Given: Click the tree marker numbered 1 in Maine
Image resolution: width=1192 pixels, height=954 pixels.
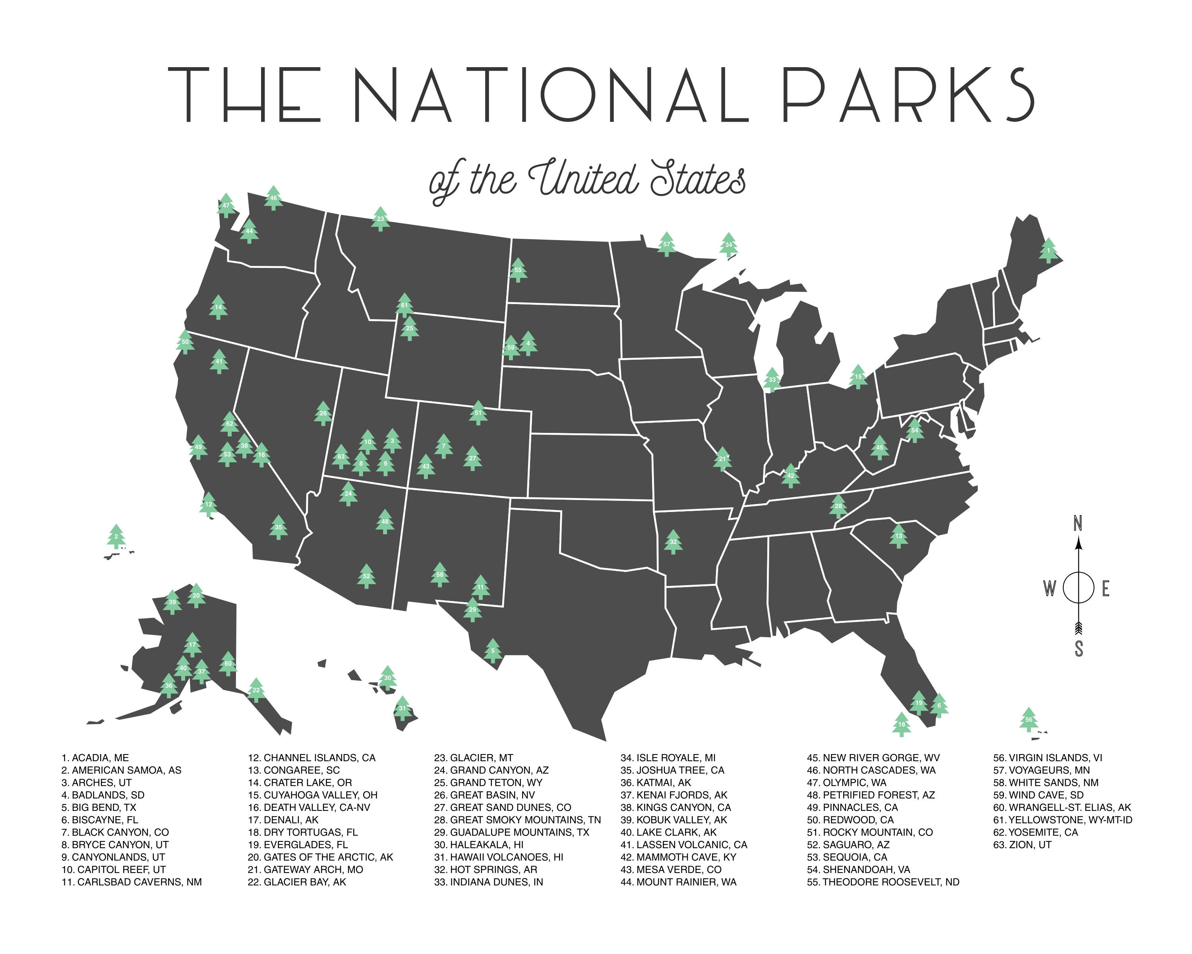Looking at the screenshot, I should tap(1048, 250).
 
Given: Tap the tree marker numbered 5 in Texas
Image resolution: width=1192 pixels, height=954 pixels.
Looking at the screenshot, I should tap(493, 651).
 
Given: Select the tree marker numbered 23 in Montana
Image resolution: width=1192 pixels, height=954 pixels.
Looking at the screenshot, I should tap(380, 219).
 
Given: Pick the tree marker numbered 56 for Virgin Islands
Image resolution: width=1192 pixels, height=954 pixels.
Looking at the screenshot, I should tap(1028, 719).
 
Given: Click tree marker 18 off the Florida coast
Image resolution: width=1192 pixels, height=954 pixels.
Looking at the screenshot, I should tap(902, 724).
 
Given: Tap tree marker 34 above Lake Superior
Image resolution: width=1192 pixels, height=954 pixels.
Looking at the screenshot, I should tap(729, 244).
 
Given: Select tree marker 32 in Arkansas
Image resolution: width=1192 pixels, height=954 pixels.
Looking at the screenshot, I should tap(673, 542).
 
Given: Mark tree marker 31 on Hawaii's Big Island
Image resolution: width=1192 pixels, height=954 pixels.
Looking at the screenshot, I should tap(402, 708).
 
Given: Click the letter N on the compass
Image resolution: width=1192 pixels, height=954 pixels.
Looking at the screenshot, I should tap(1078, 523).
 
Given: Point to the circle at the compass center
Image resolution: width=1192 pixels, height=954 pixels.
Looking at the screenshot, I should tap(1078, 588).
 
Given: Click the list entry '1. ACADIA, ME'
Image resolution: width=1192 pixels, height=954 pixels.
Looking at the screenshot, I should tap(95, 758).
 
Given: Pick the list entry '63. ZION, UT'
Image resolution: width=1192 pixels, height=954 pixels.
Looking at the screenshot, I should tap(1022, 845).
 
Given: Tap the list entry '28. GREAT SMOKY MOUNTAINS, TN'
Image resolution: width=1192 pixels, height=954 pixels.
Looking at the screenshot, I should tap(517, 820).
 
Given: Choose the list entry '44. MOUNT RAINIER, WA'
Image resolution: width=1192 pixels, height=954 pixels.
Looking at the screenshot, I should tap(678, 882).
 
